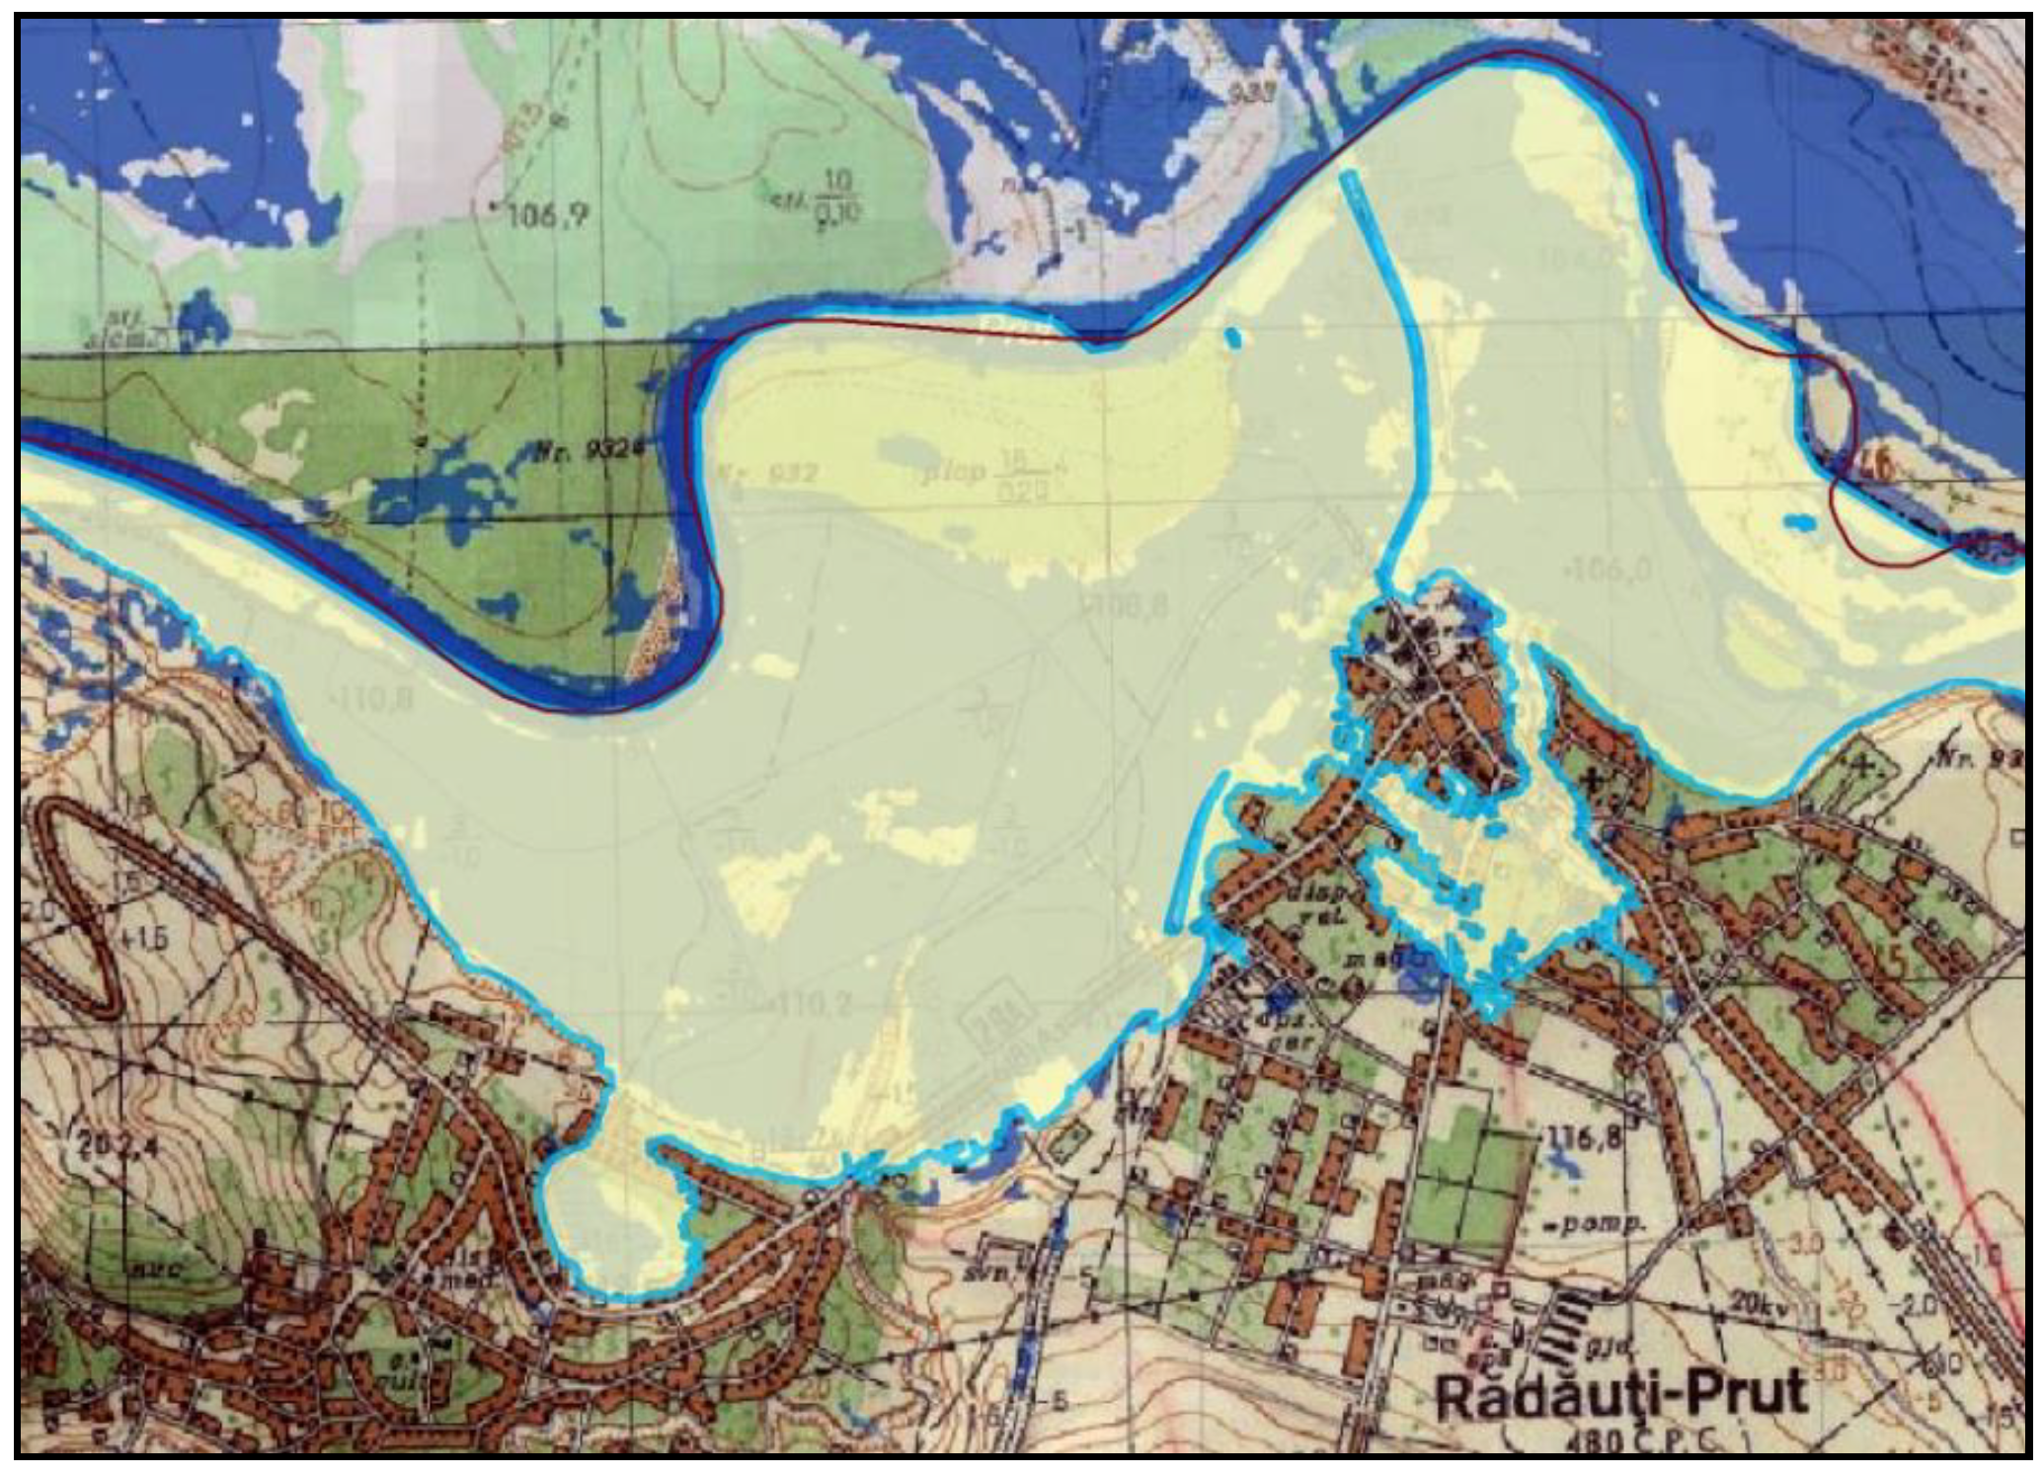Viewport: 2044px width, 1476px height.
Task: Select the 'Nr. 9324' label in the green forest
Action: (590, 451)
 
